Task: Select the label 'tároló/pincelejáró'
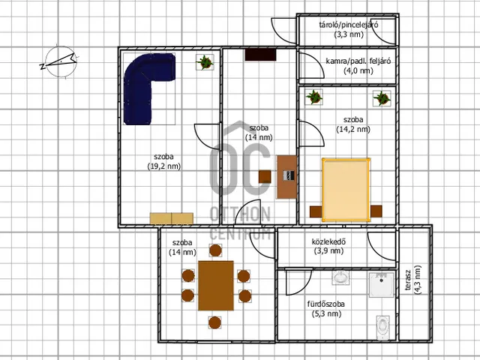tap(349, 25)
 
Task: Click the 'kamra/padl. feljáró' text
tap(358, 61)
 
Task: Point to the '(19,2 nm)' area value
tap(164, 166)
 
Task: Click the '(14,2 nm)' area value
tap(353, 130)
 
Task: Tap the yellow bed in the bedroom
tap(346, 190)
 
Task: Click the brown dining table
tap(216, 286)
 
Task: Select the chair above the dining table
tap(215, 250)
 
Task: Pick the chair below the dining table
tap(215, 322)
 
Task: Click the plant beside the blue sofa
tap(205, 62)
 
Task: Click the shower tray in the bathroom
tap(382, 285)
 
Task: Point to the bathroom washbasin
tap(340, 277)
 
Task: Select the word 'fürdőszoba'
tap(326, 304)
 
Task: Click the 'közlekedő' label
tap(328, 241)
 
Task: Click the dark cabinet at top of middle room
tap(260, 55)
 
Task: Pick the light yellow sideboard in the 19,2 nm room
tap(172, 218)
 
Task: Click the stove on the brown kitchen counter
tap(289, 175)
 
